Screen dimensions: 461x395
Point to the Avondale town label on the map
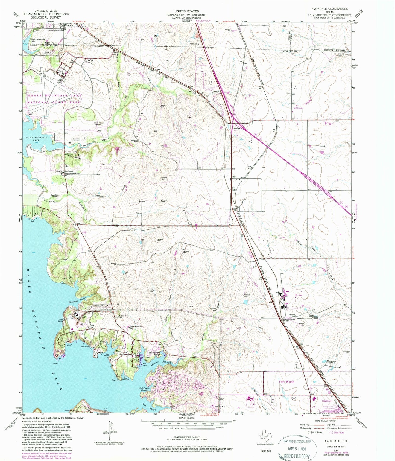tap(236, 128)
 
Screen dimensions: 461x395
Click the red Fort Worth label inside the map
tap(286, 381)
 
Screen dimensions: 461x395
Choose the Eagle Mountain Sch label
tap(136, 327)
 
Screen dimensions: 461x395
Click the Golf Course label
tap(298, 108)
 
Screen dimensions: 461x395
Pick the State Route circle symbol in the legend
tap(332, 433)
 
